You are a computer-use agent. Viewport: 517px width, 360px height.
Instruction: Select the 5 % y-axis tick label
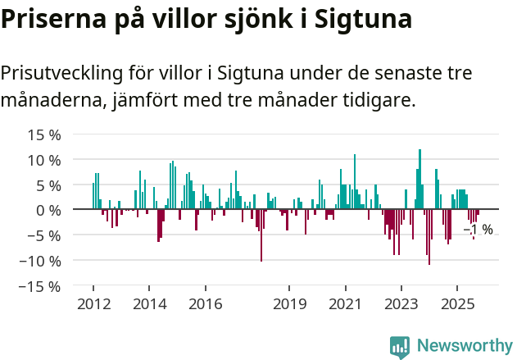point(47,185)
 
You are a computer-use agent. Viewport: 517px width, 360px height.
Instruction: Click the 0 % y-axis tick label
point(47,210)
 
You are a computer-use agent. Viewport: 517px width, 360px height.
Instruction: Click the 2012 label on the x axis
point(93,305)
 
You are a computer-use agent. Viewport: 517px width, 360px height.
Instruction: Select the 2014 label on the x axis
point(148,305)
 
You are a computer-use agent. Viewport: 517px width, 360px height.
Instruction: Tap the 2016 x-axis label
point(205,305)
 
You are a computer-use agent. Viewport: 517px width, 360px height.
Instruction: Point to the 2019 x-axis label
point(289,305)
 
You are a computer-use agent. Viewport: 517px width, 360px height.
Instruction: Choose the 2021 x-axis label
point(345,305)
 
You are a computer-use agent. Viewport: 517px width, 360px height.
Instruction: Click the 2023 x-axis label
point(401,305)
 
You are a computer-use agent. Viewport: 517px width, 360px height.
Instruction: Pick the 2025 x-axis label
point(457,305)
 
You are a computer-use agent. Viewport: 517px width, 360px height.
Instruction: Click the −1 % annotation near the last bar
point(479,230)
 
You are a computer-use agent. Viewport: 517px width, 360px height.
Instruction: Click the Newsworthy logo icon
point(400,346)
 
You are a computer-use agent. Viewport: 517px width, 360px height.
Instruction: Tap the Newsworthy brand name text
point(464,346)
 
